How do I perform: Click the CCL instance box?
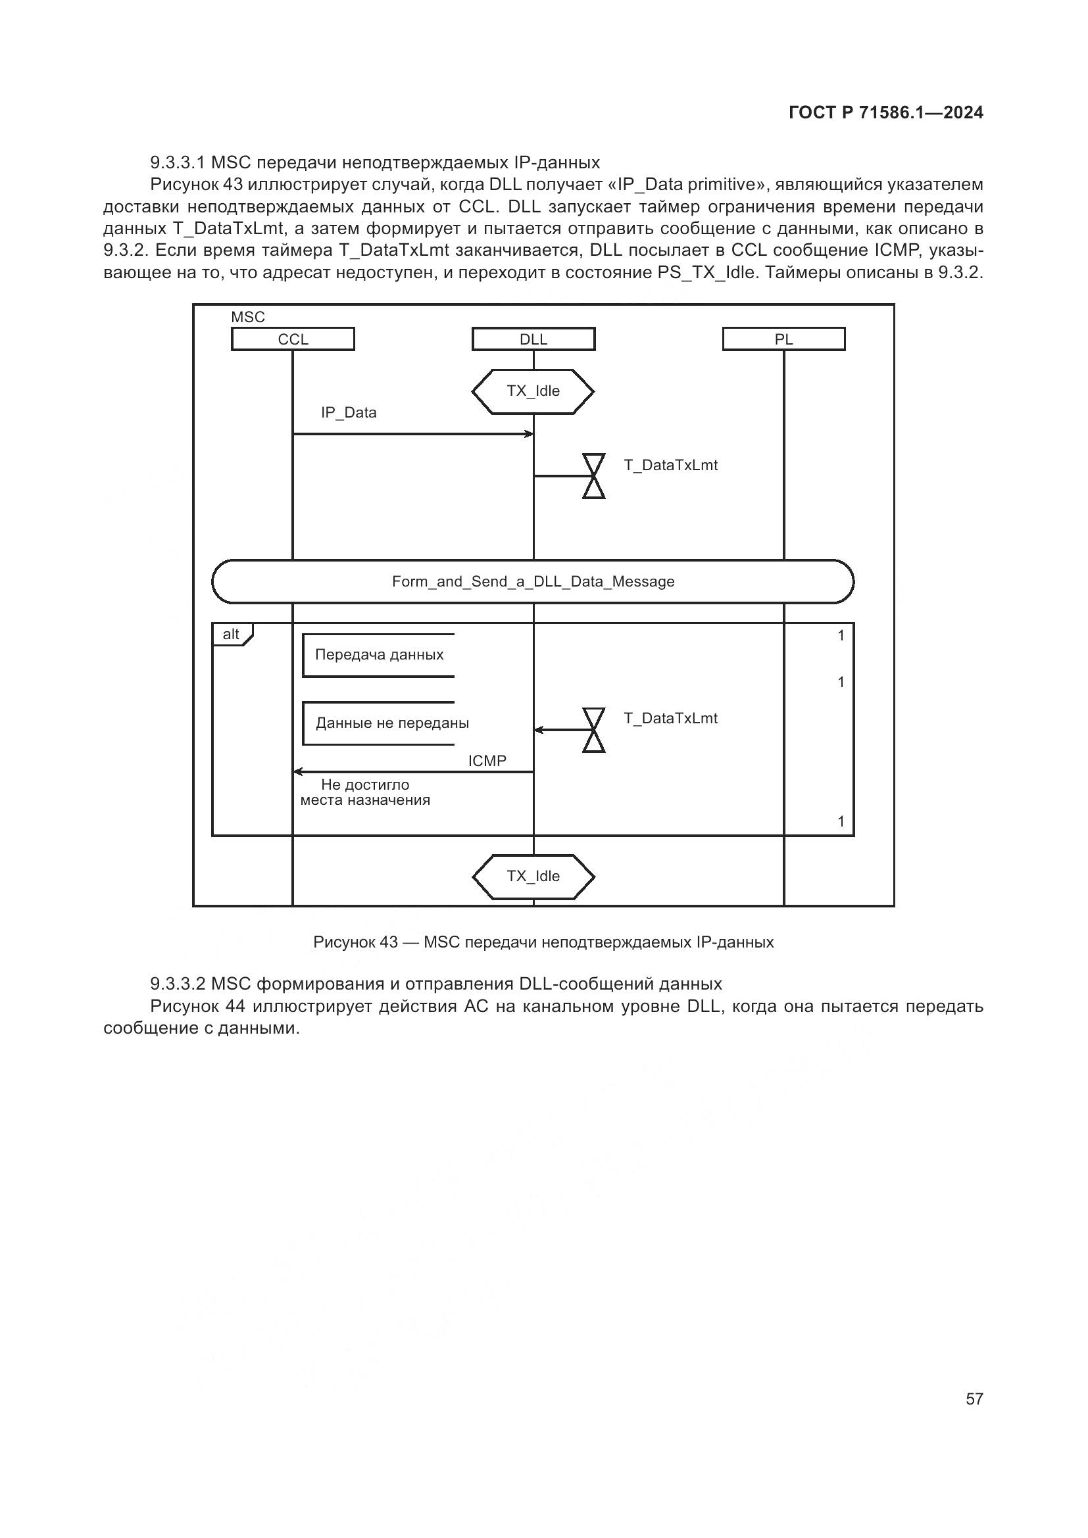293,339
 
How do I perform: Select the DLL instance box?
533,339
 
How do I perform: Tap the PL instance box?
783,339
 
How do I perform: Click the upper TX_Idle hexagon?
533,391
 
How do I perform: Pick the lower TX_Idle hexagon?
533,876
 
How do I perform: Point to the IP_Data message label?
349,413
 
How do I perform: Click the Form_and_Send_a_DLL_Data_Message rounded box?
533,581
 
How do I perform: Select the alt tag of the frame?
232,635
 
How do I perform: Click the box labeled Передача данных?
379,655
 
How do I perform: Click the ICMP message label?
487,761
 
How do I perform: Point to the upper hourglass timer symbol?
593,476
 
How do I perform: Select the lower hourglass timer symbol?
593,730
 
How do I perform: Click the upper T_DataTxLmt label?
670,466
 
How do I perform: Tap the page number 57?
974,1399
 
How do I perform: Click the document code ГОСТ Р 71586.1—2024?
885,112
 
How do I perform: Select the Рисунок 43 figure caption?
543,942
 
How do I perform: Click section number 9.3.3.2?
178,984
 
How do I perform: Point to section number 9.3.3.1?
178,163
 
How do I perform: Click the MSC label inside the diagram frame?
248,318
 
